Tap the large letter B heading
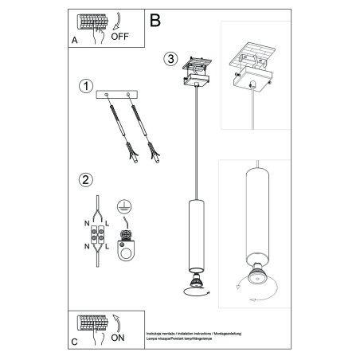[x=155, y=18]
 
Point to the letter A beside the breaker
[x=75, y=37]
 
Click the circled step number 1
[x=85, y=86]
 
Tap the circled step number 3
[x=171, y=58]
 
